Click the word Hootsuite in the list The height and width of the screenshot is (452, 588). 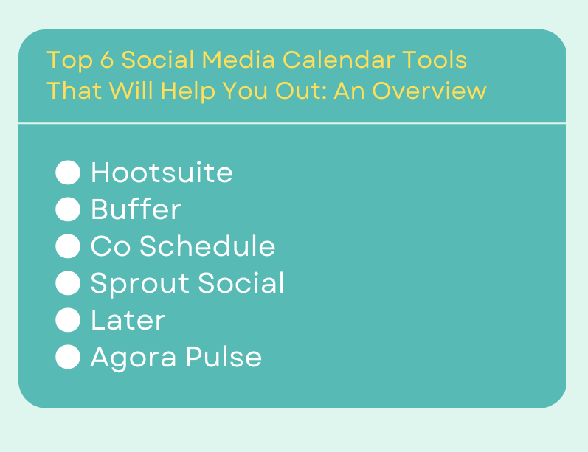coord(162,173)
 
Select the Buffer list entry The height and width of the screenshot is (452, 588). coord(136,210)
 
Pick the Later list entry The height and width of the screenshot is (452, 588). coord(128,321)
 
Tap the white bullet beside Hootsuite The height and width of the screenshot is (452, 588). coord(68,173)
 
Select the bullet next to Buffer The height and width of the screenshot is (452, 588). coord(68,210)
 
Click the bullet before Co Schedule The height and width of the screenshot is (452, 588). coord(68,247)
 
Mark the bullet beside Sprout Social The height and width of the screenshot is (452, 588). coord(68,284)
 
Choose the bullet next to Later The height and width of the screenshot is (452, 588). coord(68,321)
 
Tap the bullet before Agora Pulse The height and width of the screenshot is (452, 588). coord(68,358)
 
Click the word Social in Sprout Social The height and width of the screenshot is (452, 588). coord(248,284)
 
